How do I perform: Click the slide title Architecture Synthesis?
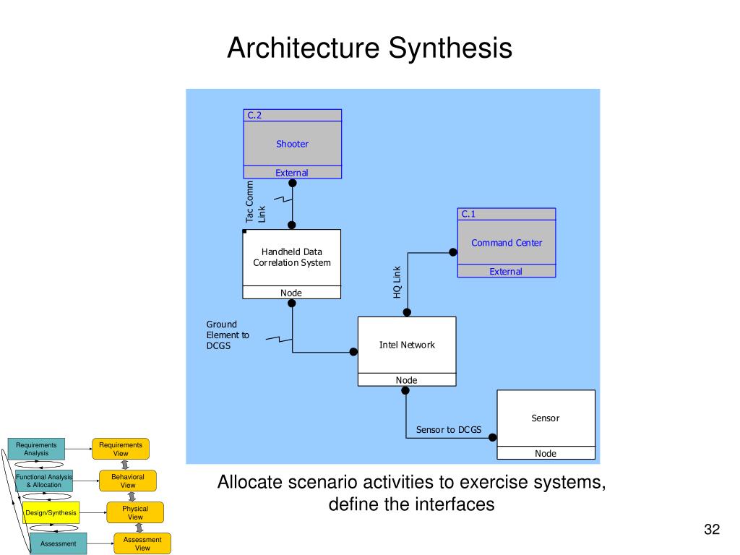(369, 48)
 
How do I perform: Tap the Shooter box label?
(292, 144)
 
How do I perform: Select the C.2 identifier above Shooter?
(254, 115)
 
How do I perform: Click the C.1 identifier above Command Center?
(468, 214)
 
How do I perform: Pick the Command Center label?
(506, 243)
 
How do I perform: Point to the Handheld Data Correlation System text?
(292, 257)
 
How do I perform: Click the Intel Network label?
(407, 345)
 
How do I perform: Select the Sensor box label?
(546, 418)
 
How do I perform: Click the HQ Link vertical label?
(397, 282)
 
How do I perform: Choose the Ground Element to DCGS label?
(228, 335)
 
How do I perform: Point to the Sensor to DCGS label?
(448, 430)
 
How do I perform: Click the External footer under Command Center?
(506, 272)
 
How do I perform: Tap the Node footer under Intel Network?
(407, 380)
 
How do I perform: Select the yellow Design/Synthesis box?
(51, 512)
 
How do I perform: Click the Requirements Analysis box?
(36, 449)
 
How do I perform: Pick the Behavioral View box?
(128, 481)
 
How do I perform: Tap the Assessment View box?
(142, 543)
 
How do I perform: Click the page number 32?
(712, 530)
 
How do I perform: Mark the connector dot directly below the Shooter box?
(293, 183)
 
